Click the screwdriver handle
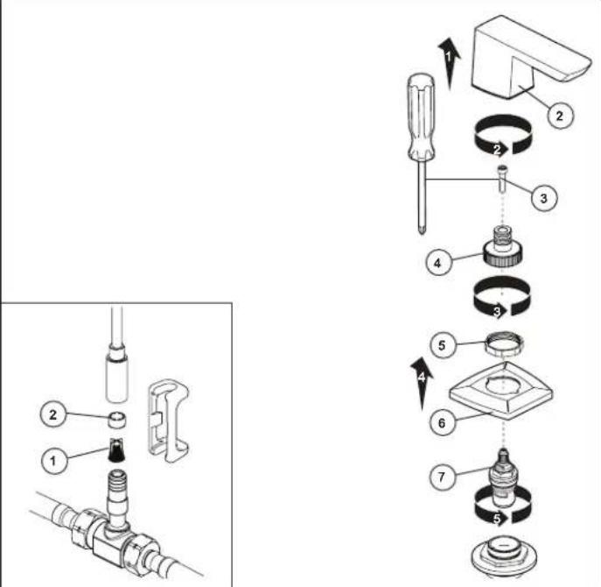coord(421,117)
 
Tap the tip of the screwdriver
coord(422,232)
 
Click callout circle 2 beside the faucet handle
coord(559,116)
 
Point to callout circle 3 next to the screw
coord(543,199)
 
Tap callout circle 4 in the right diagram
coord(437,263)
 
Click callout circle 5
coord(442,345)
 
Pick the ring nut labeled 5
coord(504,344)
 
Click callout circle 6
coord(442,423)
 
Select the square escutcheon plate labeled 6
coord(501,391)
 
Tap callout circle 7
coord(442,477)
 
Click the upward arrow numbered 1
coord(449,63)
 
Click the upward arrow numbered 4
coord(422,383)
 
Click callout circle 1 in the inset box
coord(53,460)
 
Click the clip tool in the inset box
coord(168,421)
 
